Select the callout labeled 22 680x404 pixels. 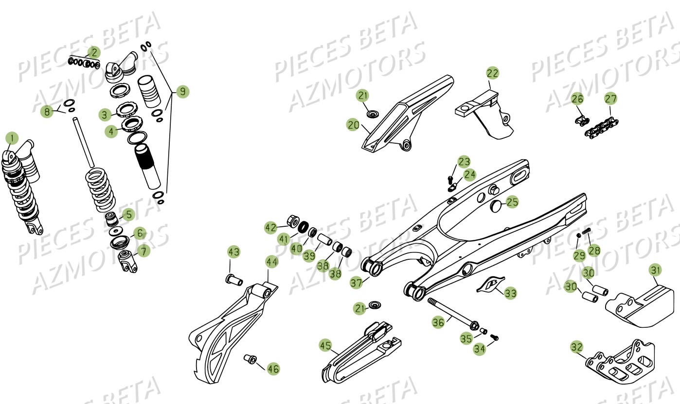493,73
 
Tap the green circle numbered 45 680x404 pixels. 325,346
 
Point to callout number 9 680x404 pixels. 182,91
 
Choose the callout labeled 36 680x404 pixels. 438,321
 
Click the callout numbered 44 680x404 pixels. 272,262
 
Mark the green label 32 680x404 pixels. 576,347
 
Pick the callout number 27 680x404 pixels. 610,99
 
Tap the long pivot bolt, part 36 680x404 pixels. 452,313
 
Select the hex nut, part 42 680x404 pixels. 293,221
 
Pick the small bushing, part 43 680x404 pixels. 234,279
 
